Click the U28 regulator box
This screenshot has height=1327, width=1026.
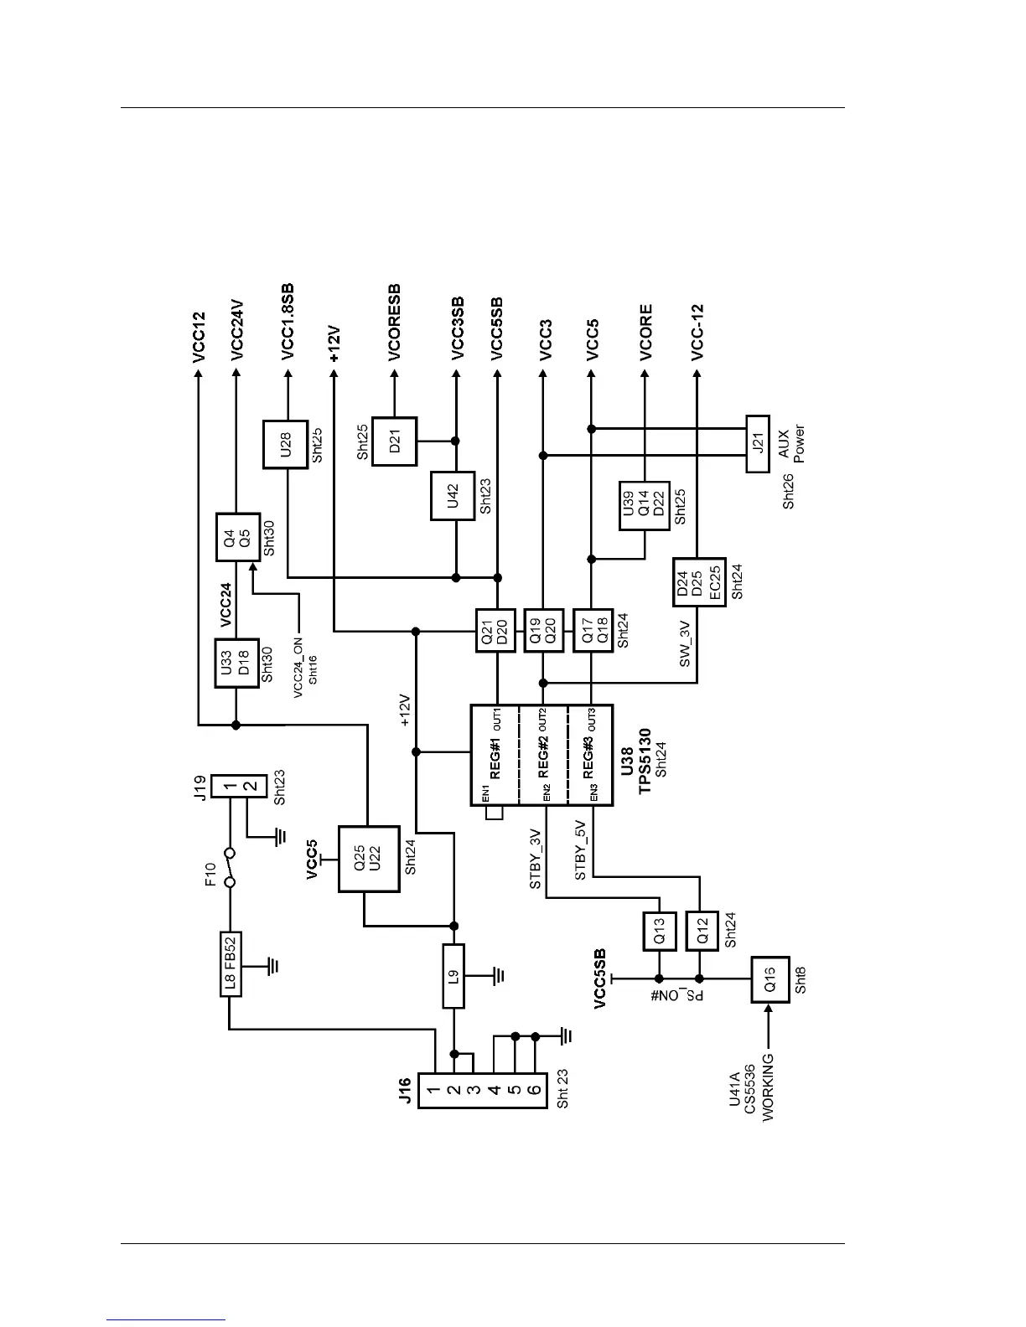pyautogui.click(x=286, y=443)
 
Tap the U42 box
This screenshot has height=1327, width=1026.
pyautogui.click(x=453, y=497)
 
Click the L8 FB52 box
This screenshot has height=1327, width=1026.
pyautogui.click(x=231, y=964)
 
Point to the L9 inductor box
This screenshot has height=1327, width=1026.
pyautogui.click(x=453, y=976)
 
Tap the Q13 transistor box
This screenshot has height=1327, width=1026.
pyautogui.click(x=659, y=931)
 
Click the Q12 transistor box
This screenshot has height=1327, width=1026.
pyautogui.click(x=702, y=931)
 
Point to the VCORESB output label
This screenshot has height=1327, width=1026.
pyautogui.click(x=395, y=323)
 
